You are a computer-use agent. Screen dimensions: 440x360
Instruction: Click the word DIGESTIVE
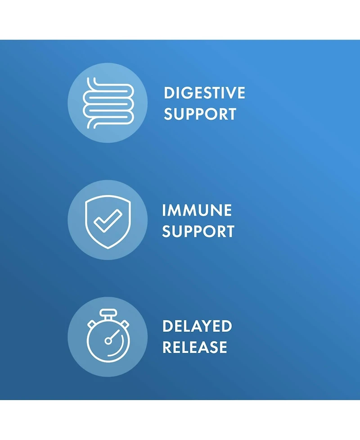(204, 93)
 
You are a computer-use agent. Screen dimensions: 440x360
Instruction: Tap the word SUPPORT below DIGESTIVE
(200, 114)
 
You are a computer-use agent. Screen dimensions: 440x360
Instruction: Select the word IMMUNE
(197, 210)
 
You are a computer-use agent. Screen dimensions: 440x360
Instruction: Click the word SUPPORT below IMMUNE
(198, 231)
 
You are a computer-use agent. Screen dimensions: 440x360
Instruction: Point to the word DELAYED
(197, 326)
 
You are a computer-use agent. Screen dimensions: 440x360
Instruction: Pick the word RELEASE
(194, 347)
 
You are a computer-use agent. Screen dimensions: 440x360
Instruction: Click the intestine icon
(108, 103)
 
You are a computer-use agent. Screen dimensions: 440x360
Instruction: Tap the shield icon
(108, 219)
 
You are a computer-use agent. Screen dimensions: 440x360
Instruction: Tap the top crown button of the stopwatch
(108, 313)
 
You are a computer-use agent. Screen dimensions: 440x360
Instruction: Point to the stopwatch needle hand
(114, 335)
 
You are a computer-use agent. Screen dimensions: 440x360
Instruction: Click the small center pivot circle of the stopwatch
(108, 341)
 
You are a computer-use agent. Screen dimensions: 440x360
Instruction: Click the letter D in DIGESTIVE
(169, 93)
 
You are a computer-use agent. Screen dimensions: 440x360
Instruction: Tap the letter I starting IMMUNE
(165, 210)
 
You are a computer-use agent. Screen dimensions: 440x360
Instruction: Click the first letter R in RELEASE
(168, 347)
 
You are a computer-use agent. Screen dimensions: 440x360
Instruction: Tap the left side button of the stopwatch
(91, 323)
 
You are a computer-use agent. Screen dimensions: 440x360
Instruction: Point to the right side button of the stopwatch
(125, 323)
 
